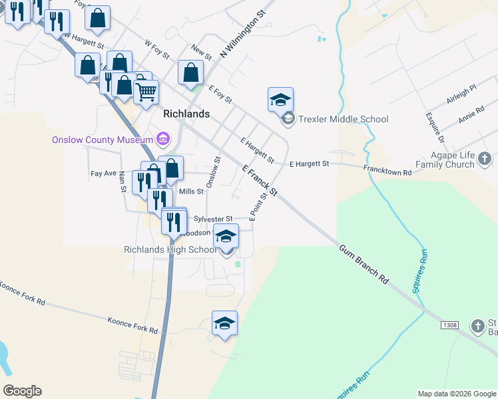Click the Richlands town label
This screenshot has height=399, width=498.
[x=186, y=114]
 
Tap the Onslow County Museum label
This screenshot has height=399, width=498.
[x=103, y=140]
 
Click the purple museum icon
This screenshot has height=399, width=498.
[x=162, y=139]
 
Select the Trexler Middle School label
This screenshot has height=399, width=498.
[x=344, y=120]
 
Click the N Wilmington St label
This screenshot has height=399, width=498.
[x=242, y=33]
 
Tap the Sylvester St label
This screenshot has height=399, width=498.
[x=212, y=218]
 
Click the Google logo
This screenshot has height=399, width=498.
[x=22, y=391]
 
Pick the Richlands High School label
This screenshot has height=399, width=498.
[x=170, y=249]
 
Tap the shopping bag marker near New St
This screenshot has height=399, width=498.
[x=190, y=72]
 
